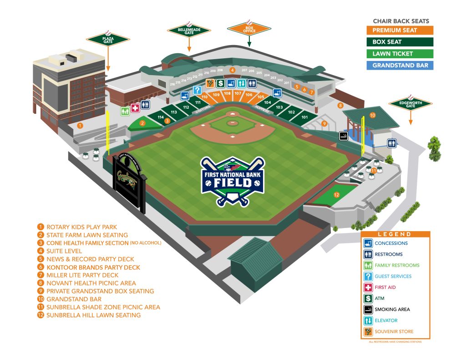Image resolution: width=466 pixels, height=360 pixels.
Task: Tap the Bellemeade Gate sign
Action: tap(189, 30)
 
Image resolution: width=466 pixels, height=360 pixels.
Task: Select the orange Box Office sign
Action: tap(249, 29)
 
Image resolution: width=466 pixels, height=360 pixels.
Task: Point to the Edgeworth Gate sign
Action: tap(410, 104)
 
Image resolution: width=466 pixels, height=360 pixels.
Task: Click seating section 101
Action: tap(304, 117)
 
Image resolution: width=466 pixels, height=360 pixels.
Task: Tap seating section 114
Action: tap(161, 117)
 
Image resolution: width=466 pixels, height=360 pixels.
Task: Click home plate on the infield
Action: tap(233, 113)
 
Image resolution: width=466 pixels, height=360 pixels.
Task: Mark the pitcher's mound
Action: tap(233, 123)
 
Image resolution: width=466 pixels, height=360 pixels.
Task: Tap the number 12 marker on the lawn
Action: tap(337, 195)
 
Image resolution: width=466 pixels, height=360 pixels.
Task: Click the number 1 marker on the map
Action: tap(80, 125)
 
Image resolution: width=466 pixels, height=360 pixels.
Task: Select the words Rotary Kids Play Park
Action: tap(81, 227)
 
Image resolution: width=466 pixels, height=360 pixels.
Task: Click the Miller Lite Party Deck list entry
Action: tap(82, 275)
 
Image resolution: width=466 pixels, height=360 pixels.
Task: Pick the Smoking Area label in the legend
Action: tap(392, 309)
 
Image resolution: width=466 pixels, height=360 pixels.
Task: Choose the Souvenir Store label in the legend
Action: tap(394, 331)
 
